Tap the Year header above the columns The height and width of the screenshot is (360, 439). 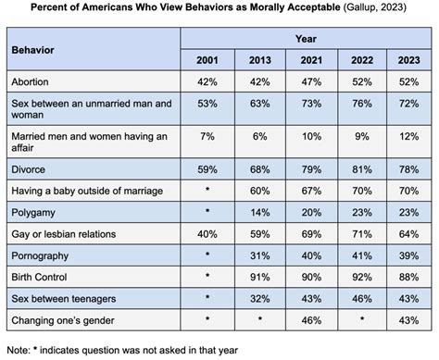pyautogui.click(x=305, y=40)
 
